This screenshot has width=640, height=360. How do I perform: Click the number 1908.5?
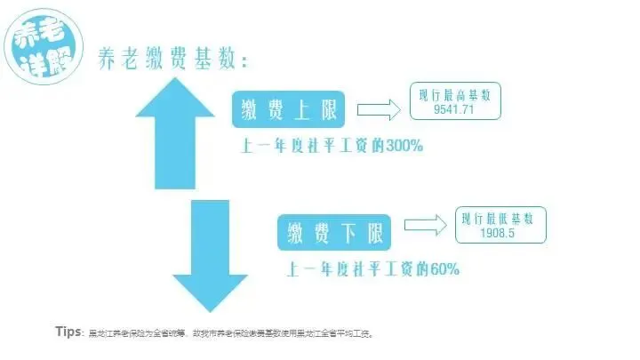click(x=500, y=234)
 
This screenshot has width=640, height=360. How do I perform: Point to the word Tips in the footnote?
click(x=68, y=331)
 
